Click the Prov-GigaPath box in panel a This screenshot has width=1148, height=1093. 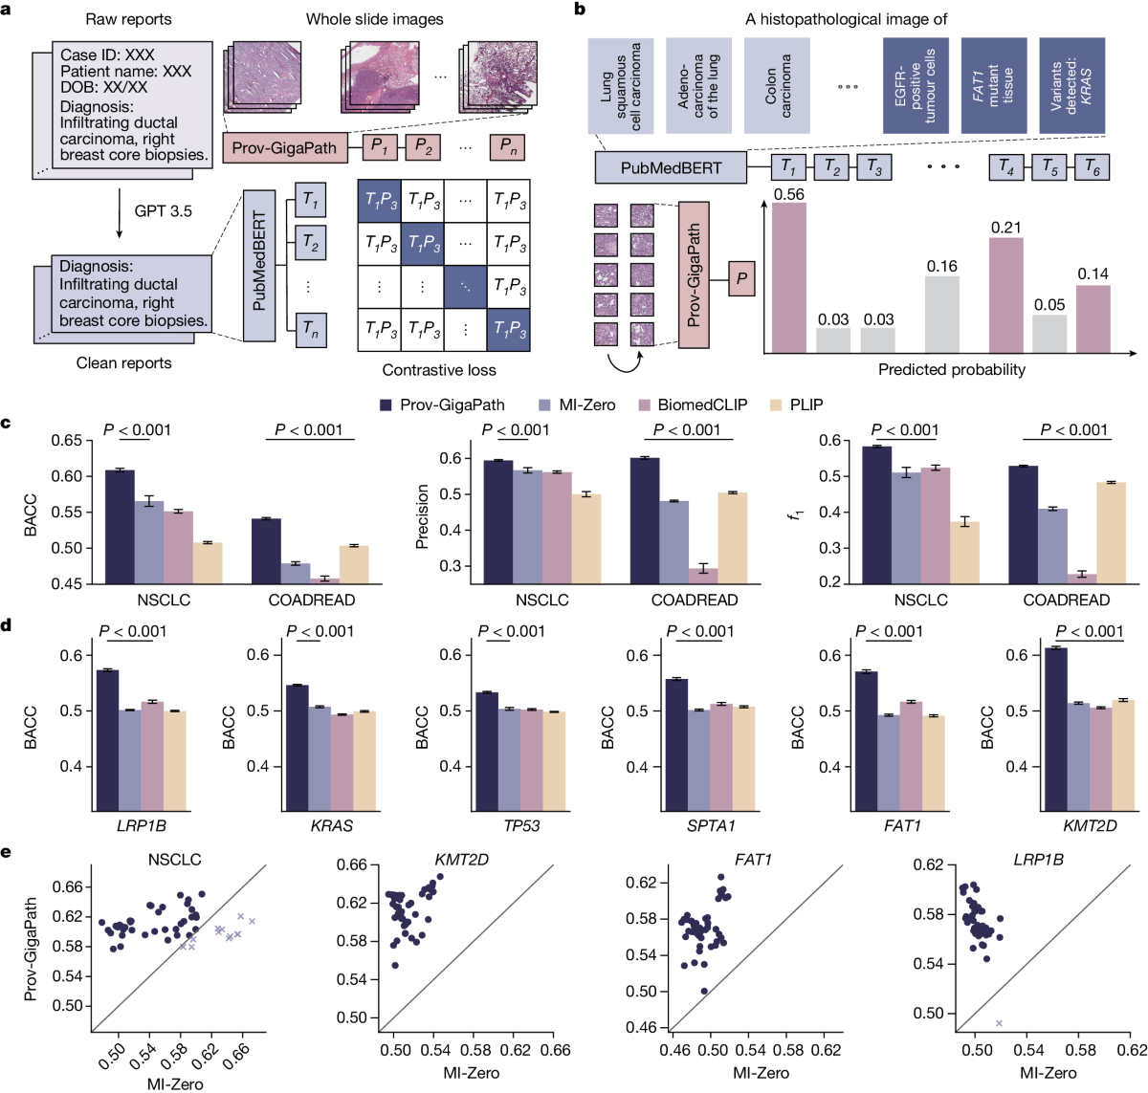coord(283,148)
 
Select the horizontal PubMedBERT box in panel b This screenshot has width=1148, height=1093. coord(671,167)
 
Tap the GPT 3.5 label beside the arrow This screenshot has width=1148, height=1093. coord(163,211)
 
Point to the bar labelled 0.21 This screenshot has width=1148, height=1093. coord(1005,295)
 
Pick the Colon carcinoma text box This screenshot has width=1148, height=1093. coord(777,86)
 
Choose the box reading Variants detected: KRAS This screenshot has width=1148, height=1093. coord(1071,86)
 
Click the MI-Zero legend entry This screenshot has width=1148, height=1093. coord(577,404)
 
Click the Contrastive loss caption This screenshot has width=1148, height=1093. coord(439,370)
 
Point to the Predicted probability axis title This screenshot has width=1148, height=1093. coord(951,369)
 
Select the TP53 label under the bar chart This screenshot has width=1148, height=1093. coord(521,825)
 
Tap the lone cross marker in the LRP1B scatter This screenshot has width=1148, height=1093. coord(999,1023)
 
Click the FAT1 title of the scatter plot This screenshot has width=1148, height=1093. coord(753,860)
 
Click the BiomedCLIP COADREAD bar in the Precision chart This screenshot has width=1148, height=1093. coord(704,575)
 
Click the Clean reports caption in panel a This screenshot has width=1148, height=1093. coord(123,363)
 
